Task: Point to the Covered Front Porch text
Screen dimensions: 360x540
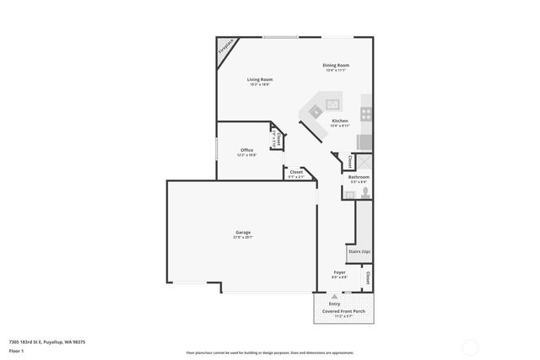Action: pyautogui.click(x=343, y=311)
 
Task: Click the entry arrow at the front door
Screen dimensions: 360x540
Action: pyautogui.click(x=335, y=297)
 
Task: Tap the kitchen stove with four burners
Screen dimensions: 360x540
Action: pyautogui.click(x=366, y=111)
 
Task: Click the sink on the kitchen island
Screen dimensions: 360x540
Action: pyautogui.click(x=333, y=105)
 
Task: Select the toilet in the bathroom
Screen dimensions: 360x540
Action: pyautogui.click(x=364, y=192)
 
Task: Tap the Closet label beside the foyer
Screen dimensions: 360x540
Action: pyautogui.click(x=368, y=277)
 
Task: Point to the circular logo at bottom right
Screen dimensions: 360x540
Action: pyautogui.click(x=471, y=346)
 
